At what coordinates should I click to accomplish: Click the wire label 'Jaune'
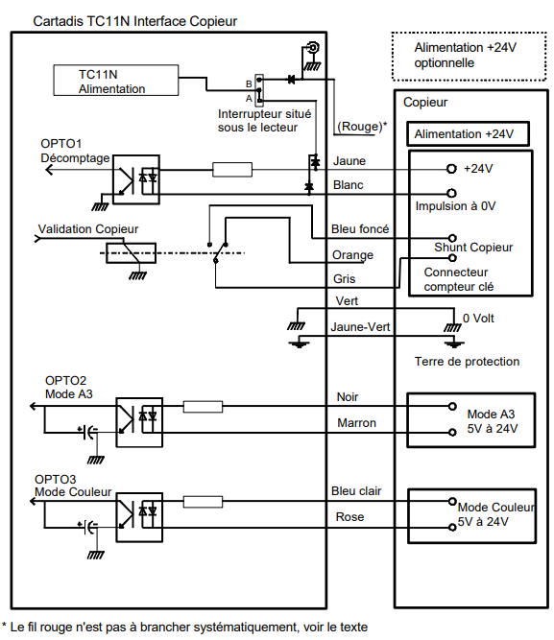click(x=349, y=161)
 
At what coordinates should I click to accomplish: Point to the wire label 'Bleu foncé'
click(x=360, y=229)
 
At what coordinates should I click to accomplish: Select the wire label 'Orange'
click(x=352, y=255)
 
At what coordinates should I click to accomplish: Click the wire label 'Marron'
click(x=356, y=423)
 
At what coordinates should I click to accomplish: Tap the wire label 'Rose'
click(x=349, y=517)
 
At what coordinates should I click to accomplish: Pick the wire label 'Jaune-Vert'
click(x=360, y=327)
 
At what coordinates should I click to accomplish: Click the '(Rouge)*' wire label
click(x=362, y=127)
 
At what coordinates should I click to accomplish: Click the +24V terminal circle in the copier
click(x=451, y=169)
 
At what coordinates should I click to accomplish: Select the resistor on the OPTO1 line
click(x=232, y=170)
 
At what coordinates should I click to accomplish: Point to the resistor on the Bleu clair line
click(x=203, y=502)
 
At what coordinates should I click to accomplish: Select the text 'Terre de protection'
click(x=467, y=361)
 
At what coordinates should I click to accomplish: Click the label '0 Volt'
click(x=478, y=318)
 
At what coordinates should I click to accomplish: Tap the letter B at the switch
click(x=249, y=83)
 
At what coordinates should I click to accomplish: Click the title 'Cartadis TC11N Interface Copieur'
click(x=134, y=21)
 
